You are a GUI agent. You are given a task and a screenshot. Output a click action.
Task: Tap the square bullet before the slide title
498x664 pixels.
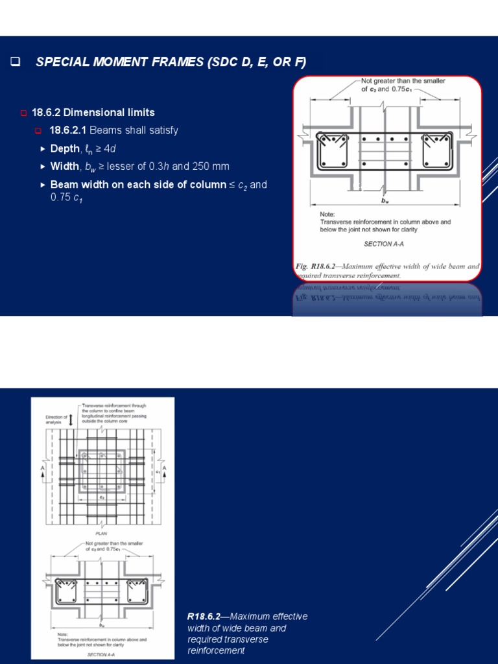coord(15,62)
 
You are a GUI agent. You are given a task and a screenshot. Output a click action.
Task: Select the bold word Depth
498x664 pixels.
coord(64,148)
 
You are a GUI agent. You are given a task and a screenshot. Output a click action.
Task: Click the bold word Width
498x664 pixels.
coord(64,167)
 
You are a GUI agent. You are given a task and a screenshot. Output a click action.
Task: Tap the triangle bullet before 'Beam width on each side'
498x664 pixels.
coord(43,185)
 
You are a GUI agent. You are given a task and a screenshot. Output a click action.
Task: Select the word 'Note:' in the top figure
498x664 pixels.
coord(328,214)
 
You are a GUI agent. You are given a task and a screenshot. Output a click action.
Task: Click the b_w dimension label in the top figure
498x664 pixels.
coord(385,201)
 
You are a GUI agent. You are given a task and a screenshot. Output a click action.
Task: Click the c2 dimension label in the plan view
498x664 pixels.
coord(102,497)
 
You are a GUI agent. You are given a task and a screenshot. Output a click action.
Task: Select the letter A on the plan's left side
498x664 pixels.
coord(42,468)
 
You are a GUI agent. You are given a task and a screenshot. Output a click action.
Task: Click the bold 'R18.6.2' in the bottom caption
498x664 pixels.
coord(204,617)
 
